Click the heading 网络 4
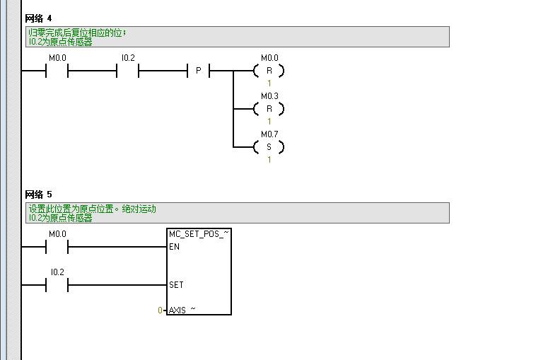[38, 18]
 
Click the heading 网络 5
[38, 194]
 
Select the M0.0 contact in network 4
[57, 71]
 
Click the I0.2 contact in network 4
[127, 71]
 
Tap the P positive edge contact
[198, 71]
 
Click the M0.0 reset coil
[269, 71]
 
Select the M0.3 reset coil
[269, 109]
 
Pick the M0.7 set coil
[269, 147]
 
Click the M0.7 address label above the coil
[269, 134]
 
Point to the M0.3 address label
[269, 95]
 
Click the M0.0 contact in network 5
[57, 247]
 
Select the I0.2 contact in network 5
[57, 285]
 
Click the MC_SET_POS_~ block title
[199, 233]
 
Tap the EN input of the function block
[174, 248]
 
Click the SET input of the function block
[176, 285]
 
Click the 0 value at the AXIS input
[161, 310]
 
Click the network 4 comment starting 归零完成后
[78, 33]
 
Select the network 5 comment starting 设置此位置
[92, 209]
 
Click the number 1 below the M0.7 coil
[269, 160]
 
